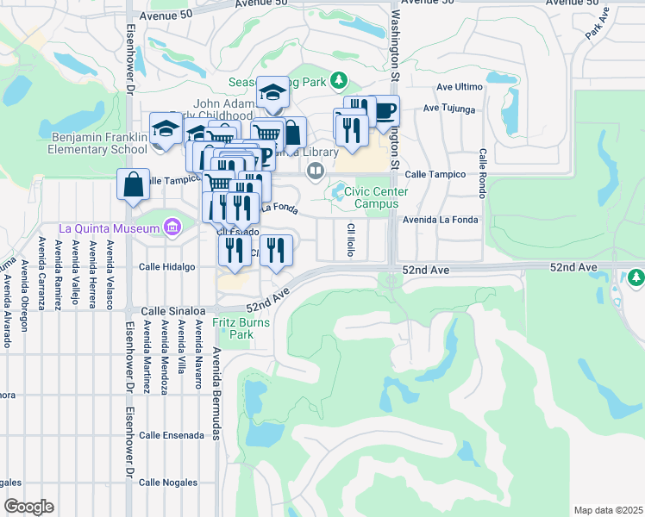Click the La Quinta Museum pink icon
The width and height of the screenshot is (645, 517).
[x=172, y=227]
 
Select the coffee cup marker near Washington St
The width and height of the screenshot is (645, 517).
[x=383, y=111]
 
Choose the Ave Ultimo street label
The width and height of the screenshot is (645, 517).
[x=458, y=86]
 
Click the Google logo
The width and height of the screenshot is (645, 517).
[x=28, y=507]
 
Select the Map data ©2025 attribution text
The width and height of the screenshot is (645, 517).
[x=608, y=510]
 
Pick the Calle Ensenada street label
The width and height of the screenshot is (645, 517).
[x=172, y=435]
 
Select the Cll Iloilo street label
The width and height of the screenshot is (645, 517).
[x=351, y=240]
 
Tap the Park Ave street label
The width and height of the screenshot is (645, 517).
[x=596, y=23]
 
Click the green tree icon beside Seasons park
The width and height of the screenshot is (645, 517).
[x=340, y=80]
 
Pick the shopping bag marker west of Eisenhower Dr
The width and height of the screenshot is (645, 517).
[x=134, y=184]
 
